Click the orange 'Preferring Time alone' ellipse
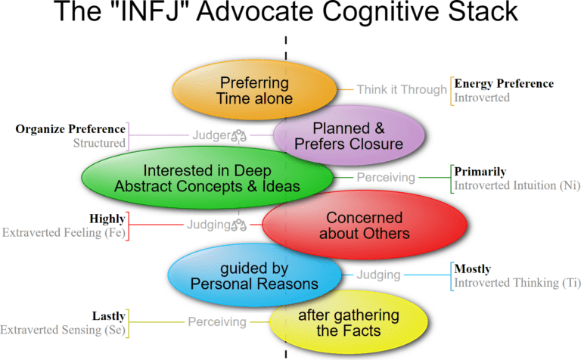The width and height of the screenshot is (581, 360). [x=254, y=89]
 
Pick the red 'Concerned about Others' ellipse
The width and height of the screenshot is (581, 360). [x=364, y=225]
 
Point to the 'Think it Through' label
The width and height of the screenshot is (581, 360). [x=402, y=89]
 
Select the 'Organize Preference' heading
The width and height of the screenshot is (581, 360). [x=70, y=129]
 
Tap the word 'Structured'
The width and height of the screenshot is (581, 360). [x=99, y=142]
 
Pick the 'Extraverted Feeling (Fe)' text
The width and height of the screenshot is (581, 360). [x=64, y=232]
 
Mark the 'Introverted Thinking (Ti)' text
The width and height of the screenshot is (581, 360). [x=517, y=283]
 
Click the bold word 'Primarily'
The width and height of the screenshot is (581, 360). [x=480, y=171]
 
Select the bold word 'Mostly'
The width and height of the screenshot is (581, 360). [x=473, y=268]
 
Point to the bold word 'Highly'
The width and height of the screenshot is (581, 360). [x=107, y=218]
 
